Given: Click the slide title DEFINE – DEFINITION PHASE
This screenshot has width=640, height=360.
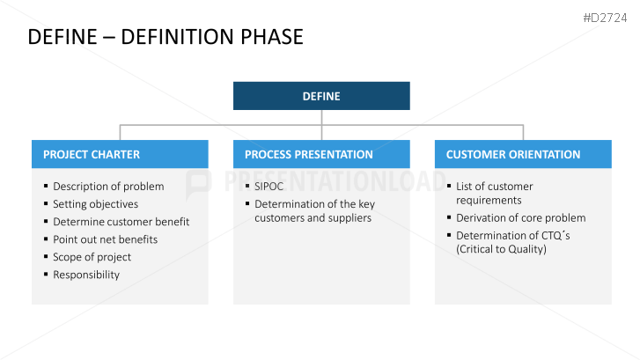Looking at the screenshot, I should [166, 37].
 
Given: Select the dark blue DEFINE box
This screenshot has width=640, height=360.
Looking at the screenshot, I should [321, 96].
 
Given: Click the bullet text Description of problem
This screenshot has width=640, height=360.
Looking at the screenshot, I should [108, 187].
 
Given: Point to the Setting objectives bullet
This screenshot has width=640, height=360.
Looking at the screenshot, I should [95, 204].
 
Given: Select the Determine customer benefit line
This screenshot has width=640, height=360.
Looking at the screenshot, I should [121, 222].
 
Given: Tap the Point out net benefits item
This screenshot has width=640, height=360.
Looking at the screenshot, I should [105, 239].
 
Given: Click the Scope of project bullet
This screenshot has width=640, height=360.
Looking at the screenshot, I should [92, 257].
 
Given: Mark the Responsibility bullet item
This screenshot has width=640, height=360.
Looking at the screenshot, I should [86, 275].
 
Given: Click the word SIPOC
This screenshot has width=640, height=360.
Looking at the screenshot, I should [269, 187].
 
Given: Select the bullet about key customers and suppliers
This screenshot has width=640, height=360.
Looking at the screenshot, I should [313, 211].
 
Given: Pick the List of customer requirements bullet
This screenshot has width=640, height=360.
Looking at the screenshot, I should [494, 194].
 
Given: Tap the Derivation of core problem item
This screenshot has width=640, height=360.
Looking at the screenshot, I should [520, 218].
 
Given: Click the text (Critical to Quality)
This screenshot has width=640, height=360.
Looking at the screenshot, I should [501, 249].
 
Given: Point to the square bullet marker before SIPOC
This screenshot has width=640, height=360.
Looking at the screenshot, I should [246, 187].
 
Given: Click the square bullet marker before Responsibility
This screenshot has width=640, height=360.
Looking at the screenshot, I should [45, 275].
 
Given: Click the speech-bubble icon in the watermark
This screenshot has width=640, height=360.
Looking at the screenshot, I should [200, 181].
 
